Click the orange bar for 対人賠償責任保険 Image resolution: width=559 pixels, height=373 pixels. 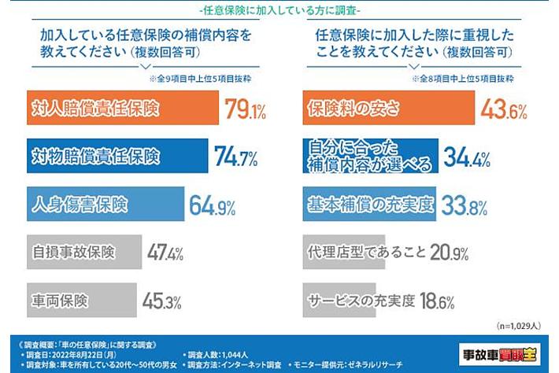pyautogui.click(x=118, y=108)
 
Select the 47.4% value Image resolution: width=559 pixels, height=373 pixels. pyautogui.click(x=165, y=253)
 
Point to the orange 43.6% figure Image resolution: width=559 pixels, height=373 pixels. pyautogui.click(x=504, y=109)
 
